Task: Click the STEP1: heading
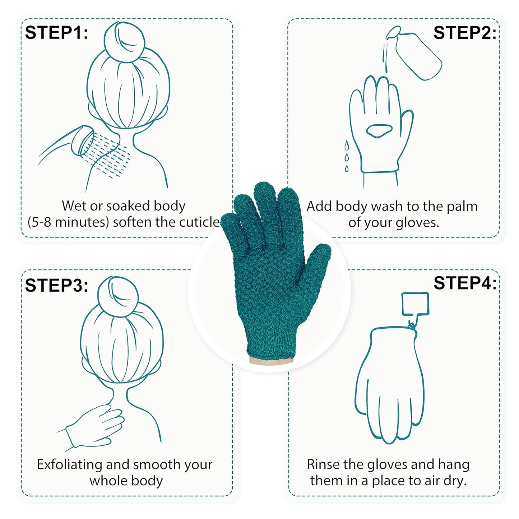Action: point(56,33)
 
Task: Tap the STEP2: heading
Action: point(465,33)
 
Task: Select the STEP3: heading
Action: point(56,286)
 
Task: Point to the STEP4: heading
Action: point(465,283)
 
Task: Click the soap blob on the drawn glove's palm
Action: point(380,130)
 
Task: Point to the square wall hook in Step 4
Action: point(415,304)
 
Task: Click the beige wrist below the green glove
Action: point(271,361)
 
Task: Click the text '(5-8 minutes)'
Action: point(68,222)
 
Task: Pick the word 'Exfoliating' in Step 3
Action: point(70,464)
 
